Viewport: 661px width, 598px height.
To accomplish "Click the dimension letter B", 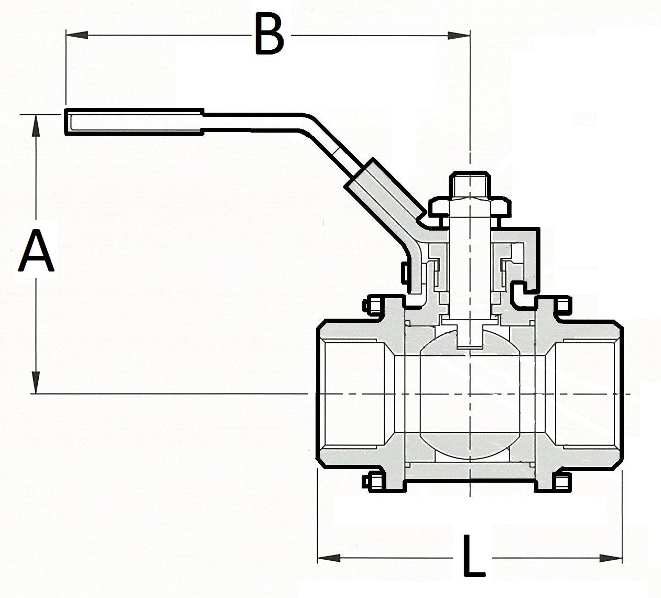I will (x=269, y=35).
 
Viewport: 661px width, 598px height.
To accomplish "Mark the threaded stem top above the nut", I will (x=471, y=184).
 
